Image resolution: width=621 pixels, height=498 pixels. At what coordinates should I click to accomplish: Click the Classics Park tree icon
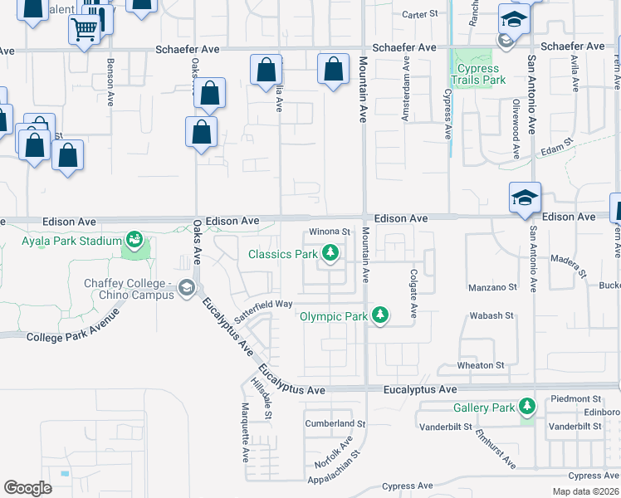(x=330, y=252)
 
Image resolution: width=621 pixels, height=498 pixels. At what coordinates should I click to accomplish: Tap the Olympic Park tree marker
(x=380, y=315)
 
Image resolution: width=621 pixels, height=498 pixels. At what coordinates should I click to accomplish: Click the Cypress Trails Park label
(x=477, y=75)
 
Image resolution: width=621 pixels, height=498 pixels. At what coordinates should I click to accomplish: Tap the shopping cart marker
(x=83, y=30)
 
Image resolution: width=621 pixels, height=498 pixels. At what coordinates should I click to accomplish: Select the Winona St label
(x=331, y=232)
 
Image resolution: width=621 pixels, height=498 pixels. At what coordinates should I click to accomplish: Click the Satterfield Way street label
(x=263, y=306)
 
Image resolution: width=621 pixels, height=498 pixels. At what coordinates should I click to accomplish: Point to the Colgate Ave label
(x=413, y=292)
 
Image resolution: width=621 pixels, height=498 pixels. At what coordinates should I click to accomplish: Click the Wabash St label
(x=491, y=315)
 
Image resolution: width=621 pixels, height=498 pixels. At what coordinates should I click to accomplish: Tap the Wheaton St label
(x=481, y=365)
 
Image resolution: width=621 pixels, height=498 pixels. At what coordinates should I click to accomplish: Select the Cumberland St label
(x=335, y=423)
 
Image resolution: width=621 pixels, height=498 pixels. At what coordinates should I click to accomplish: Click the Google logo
(x=27, y=487)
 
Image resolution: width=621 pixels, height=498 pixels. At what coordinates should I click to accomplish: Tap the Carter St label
(x=419, y=14)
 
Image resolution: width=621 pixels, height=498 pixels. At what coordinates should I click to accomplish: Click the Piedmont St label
(x=575, y=399)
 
